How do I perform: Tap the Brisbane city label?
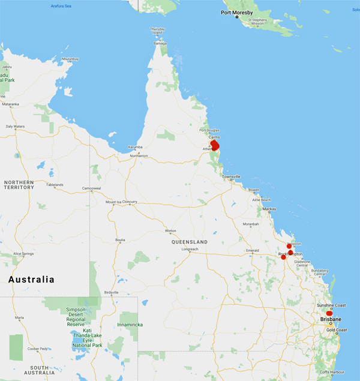(x=331, y=319)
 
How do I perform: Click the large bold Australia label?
(x=31, y=280)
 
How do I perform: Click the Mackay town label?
(x=269, y=209)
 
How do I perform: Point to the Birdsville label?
(x=111, y=292)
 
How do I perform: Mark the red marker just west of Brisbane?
(x=329, y=313)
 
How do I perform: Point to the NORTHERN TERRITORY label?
(x=19, y=184)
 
